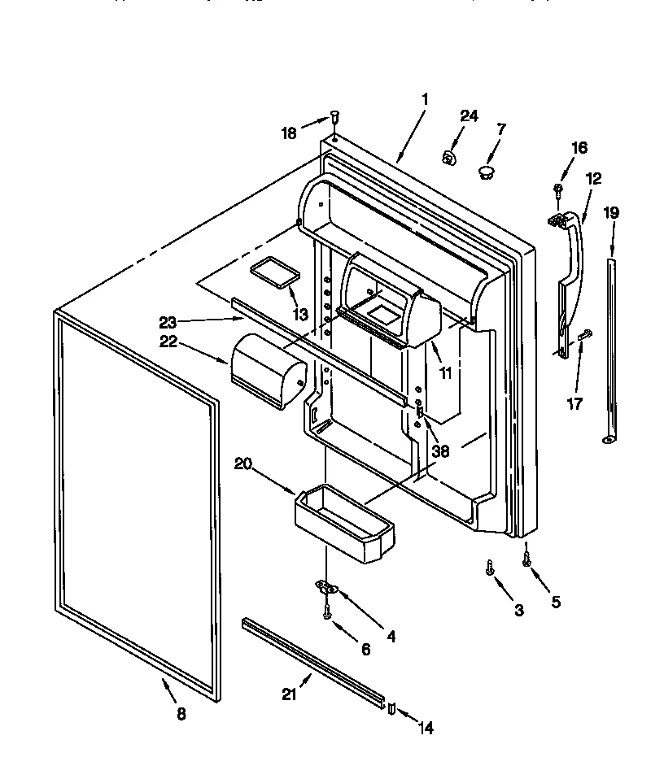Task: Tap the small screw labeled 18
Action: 335,117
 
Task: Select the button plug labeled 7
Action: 486,172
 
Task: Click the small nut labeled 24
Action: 448,157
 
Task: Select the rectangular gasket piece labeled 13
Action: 273,272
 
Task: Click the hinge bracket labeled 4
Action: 326,588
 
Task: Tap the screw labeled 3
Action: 490,568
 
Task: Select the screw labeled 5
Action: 526,557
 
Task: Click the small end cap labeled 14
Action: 391,708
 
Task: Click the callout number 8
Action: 181,714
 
